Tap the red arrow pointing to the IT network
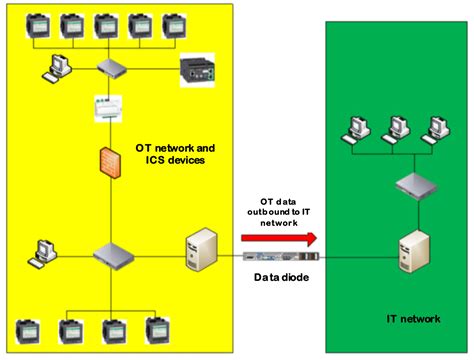(x=279, y=238)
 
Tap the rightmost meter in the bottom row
(x=155, y=330)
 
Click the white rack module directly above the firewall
(x=105, y=108)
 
